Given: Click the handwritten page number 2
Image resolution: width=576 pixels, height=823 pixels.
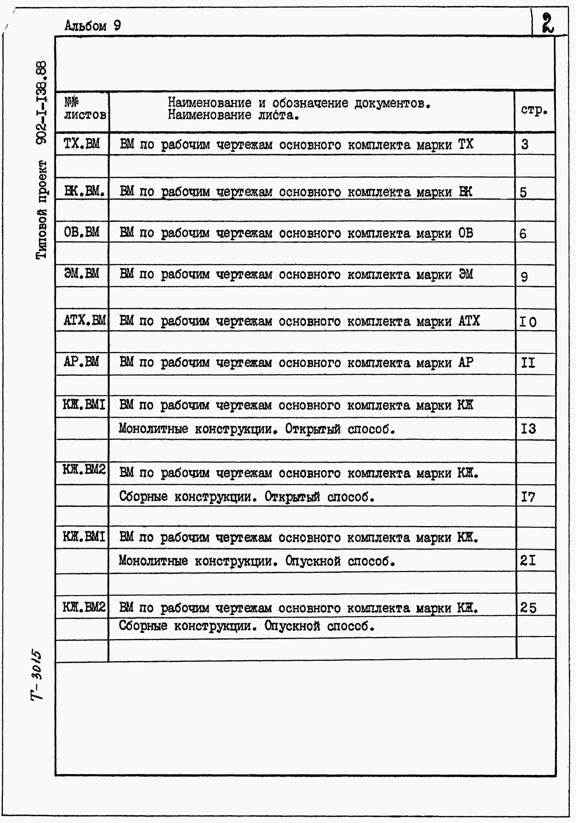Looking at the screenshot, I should [x=548, y=23].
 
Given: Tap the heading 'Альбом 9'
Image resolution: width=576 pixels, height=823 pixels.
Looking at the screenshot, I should [x=93, y=26].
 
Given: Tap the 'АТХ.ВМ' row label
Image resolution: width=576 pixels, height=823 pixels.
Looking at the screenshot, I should [x=85, y=320].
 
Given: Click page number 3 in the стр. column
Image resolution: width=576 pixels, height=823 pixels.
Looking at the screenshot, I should [x=525, y=145].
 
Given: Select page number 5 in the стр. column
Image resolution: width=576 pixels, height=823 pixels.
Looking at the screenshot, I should [x=524, y=192].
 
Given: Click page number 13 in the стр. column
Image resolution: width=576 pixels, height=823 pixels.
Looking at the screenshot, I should [x=528, y=429].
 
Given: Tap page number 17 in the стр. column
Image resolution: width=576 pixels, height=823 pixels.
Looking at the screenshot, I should [x=528, y=497].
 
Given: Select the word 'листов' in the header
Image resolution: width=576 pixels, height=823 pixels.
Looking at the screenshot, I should [x=85, y=115].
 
